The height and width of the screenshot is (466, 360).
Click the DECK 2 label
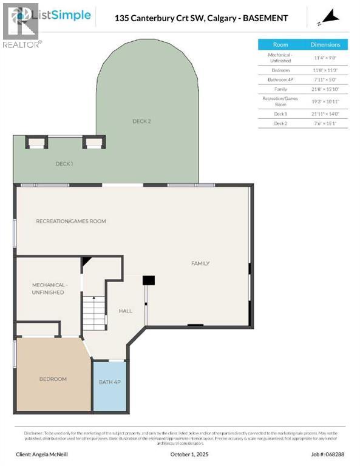(141, 121)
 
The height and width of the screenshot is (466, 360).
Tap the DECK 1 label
(64, 164)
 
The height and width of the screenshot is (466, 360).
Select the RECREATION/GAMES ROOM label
(70, 221)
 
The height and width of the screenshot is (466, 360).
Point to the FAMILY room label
(200, 263)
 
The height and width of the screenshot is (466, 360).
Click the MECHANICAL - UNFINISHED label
(48, 288)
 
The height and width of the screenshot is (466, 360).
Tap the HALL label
(126, 311)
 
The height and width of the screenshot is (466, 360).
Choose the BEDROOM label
(53, 379)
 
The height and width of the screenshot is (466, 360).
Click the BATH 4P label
(109, 382)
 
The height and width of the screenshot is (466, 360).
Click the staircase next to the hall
(94, 314)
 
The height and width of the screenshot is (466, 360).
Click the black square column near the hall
(149, 280)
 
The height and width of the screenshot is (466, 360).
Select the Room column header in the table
(280, 45)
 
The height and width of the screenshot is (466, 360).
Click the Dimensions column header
(326, 45)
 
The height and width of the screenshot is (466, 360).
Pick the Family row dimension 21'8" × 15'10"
(326, 90)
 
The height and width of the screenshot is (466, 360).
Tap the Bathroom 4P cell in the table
(280, 79)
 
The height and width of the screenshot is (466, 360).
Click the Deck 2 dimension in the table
(326, 124)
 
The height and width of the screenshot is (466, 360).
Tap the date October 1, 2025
(180, 454)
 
